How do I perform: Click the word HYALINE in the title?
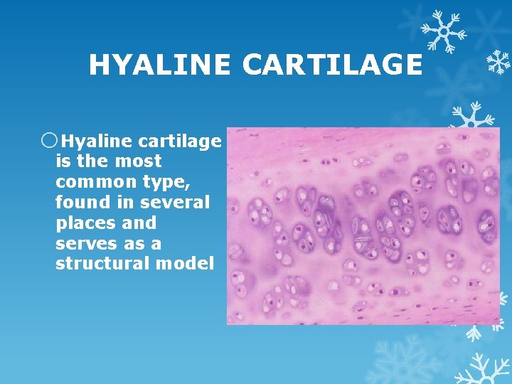[x=160, y=65]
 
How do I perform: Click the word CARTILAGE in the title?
[x=331, y=65]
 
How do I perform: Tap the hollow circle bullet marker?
[x=49, y=140]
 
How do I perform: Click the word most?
[x=137, y=161]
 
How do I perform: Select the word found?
[x=80, y=203]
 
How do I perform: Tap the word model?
[x=186, y=264]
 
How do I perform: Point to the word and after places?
[x=139, y=223]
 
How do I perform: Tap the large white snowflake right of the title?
[x=443, y=31]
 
